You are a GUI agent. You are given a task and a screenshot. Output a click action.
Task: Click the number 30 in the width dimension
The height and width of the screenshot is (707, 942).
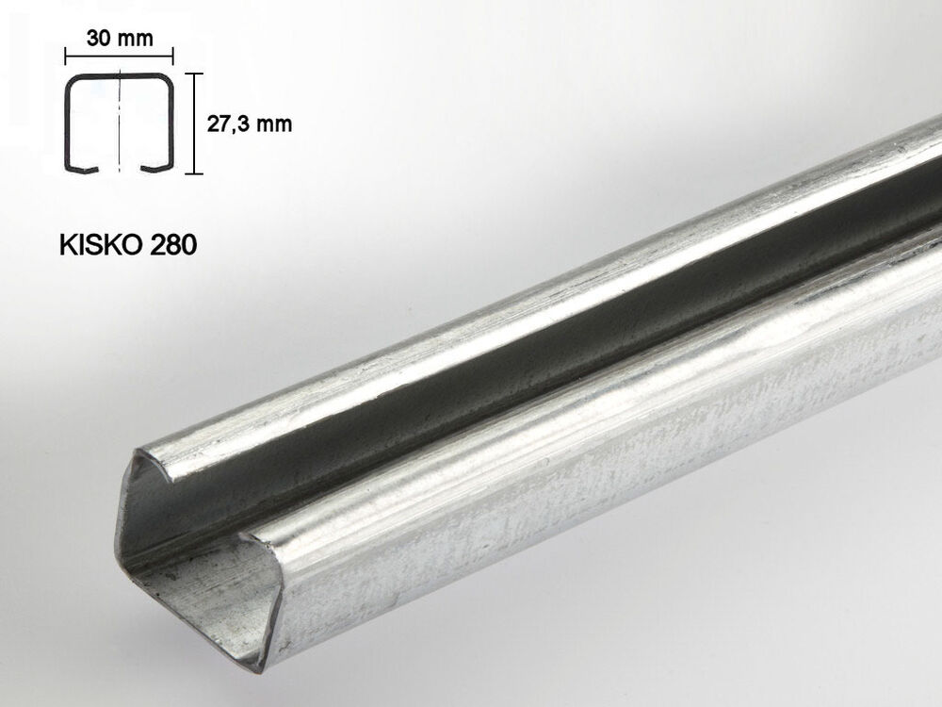point(99,38)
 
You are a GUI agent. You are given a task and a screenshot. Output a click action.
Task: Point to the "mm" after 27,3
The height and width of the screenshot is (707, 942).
point(274,124)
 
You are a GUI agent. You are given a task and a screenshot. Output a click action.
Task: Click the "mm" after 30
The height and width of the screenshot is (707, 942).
point(135,39)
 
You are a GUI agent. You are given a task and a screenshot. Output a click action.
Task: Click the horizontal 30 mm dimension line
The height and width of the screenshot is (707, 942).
point(119,57)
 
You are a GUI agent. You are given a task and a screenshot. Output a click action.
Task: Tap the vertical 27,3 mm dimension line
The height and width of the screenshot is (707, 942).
point(193,123)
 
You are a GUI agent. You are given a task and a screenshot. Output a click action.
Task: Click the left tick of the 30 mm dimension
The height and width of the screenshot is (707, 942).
point(66,57)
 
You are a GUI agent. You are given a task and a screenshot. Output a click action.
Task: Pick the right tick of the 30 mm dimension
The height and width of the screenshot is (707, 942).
point(173,57)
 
